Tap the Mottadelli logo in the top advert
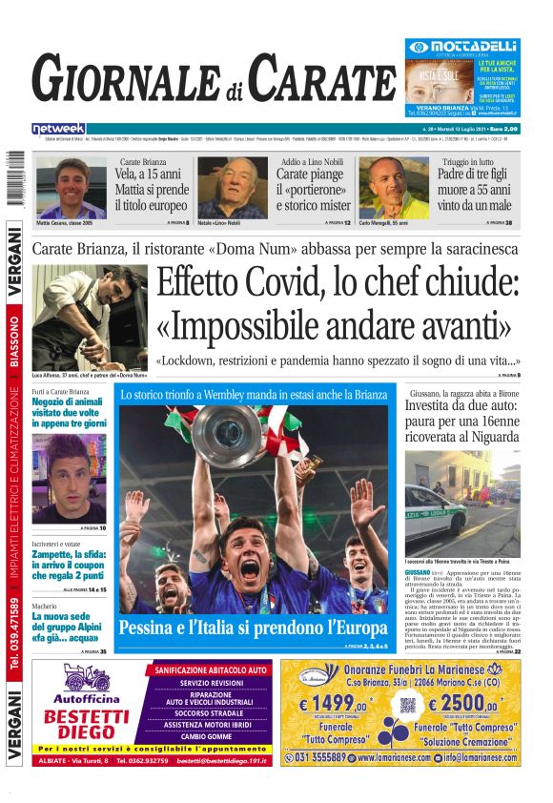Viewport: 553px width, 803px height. pos(461,46)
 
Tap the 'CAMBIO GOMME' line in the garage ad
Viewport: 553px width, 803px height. pos(206,736)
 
